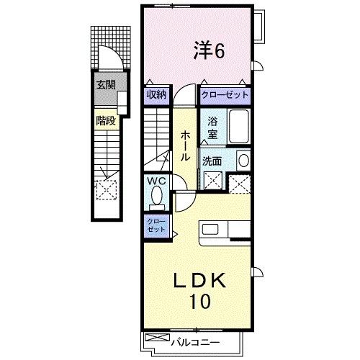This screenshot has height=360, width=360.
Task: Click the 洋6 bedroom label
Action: click(x=210, y=50)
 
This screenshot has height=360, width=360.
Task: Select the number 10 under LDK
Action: click(x=201, y=302)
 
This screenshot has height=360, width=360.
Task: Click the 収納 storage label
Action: click(x=157, y=94)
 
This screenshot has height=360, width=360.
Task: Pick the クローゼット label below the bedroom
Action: click(x=225, y=94)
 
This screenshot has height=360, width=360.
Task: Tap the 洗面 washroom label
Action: click(x=211, y=161)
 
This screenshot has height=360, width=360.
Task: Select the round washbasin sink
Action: click(x=243, y=161)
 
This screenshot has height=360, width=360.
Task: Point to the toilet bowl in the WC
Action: click(x=158, y=195)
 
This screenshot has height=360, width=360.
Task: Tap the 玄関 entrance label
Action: click(x=107, y=84)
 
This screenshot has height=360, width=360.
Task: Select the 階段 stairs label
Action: click(x=106, y=120)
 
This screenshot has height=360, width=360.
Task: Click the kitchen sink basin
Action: click(x=212, y=230)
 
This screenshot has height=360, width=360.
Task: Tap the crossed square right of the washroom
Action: click(x=238, y=184)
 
